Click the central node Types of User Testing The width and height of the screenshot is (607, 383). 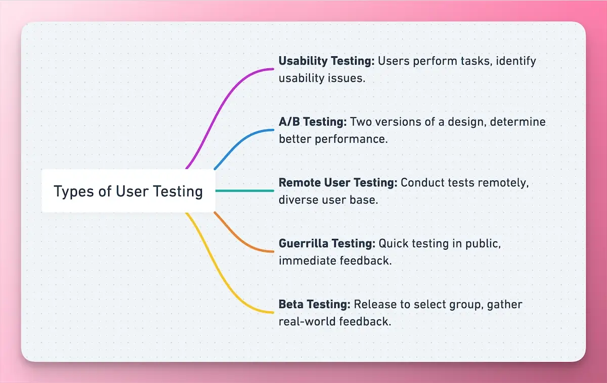coord(128,191)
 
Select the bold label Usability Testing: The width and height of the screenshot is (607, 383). coord(326,61)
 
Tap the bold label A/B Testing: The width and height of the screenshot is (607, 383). coord(313,122)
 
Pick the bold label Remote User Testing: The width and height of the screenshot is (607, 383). coord(338,183)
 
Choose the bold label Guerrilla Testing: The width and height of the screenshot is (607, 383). coord(327,244)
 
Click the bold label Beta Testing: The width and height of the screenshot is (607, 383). coord(314,304)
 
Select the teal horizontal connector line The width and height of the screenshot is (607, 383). coord(245,191)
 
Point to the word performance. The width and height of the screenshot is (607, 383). coord(358,139)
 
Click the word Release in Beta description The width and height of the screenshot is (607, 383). coord(372,304)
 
